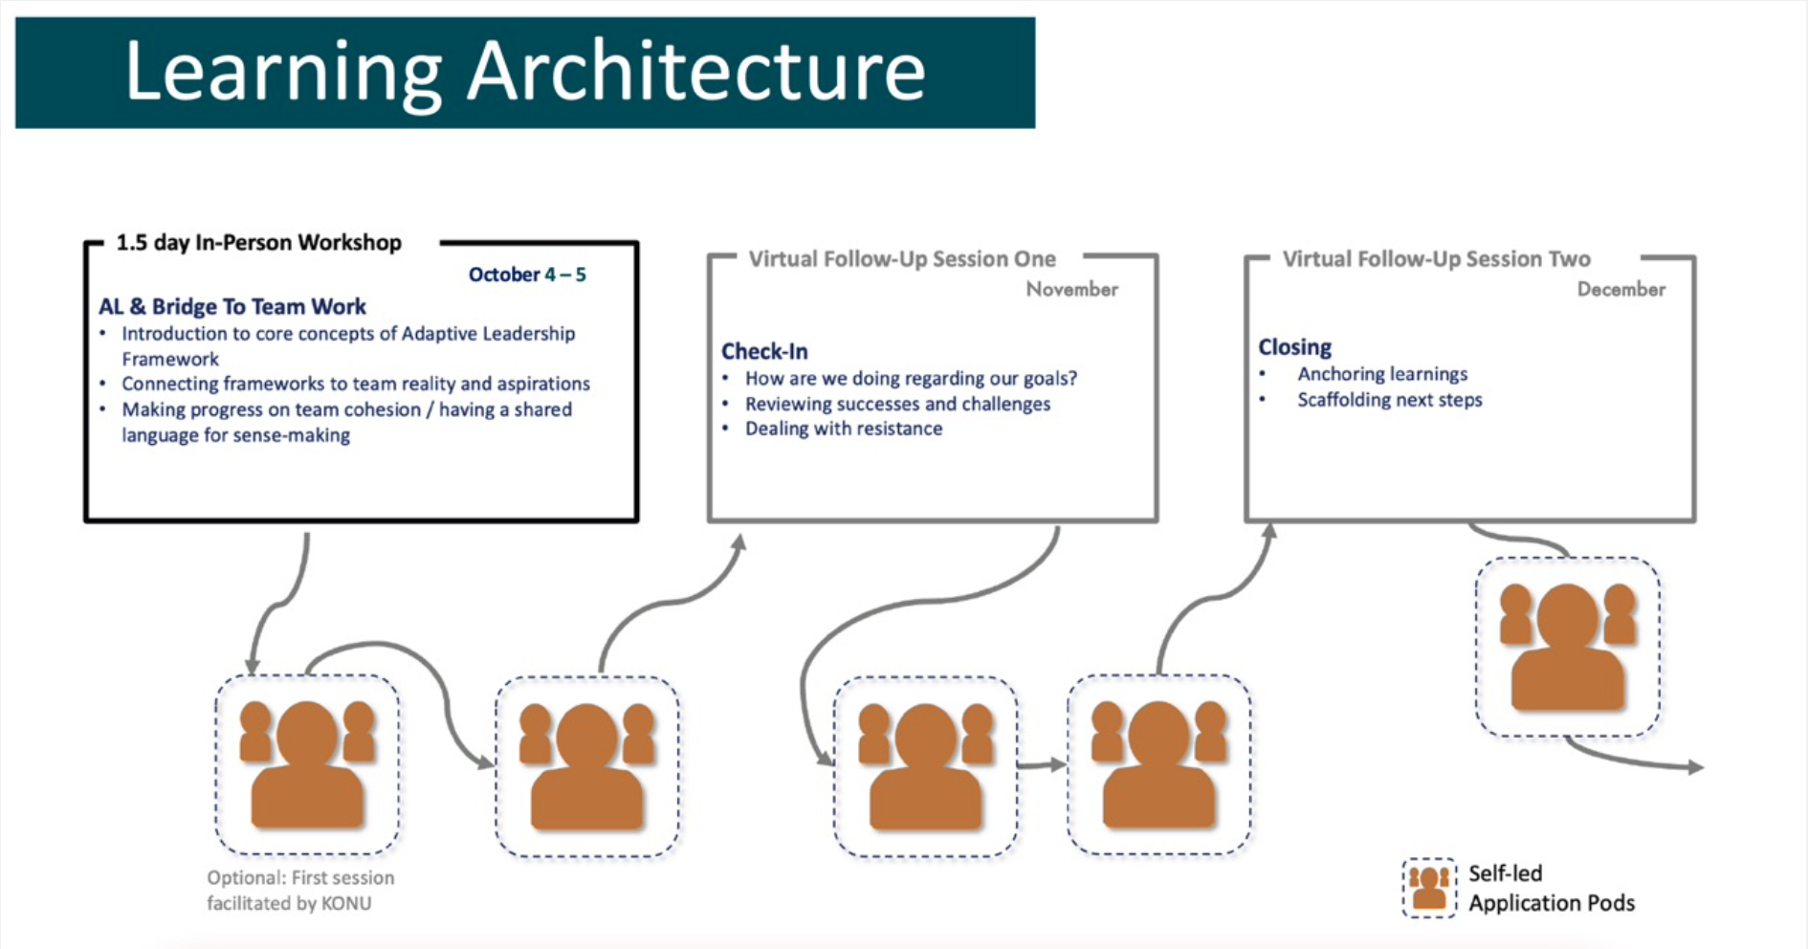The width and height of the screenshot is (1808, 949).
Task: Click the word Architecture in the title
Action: coord(695,72)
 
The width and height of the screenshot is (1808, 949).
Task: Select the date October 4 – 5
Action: coord(526,275)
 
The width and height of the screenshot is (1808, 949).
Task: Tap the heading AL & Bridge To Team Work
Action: coord(232,306)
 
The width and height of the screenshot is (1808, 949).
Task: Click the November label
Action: coord(1071,289)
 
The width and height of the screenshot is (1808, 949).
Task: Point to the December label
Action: coord(1621,289)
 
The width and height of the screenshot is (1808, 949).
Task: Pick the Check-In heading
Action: coord(764,351)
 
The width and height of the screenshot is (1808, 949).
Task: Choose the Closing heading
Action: coord(1294,347)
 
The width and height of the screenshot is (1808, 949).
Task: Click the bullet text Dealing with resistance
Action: coord(843,429)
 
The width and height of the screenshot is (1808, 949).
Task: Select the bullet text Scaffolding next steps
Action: coord(1389,400)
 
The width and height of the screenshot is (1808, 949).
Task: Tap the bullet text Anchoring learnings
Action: coord(1381,374)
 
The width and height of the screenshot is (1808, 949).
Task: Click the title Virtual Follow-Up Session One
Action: coord(901,259)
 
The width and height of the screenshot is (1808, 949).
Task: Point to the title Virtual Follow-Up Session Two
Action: coord(1436,259)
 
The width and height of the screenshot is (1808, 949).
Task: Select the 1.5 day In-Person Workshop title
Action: coord(258,243)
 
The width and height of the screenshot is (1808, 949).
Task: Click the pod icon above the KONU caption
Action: coord(306,764)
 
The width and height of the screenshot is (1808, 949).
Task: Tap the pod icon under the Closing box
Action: coord(1567,647)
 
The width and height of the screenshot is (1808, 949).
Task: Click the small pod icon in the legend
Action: coord(1428,887)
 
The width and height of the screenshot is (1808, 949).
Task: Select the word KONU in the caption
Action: coord(346,903)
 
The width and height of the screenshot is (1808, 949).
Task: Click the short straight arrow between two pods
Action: coord(1041,764)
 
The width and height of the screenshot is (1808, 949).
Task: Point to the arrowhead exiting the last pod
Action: coord(1695,767)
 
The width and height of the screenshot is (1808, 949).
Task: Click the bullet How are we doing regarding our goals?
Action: coord(911,378)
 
